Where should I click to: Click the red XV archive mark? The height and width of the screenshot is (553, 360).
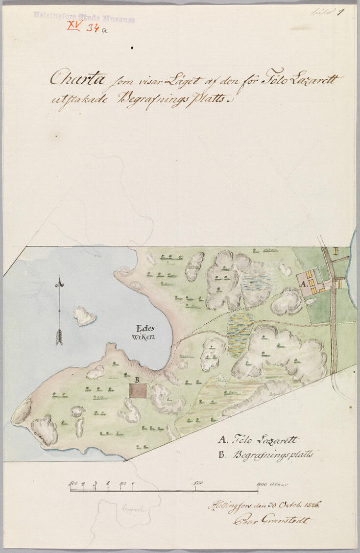click(x=73, y=26)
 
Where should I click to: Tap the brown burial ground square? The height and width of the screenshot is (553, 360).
click(x=138, y=390)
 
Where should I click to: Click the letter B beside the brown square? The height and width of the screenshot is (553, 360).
click(x=138, y=380)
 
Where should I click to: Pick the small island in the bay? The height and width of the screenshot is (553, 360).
click(x=84, y=316)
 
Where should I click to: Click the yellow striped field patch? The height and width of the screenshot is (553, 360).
click(x=240, y=333)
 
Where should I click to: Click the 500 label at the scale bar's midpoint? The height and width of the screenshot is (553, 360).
click(x=198, y=483)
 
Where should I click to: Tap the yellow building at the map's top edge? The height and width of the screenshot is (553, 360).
click(x=336, y=251)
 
